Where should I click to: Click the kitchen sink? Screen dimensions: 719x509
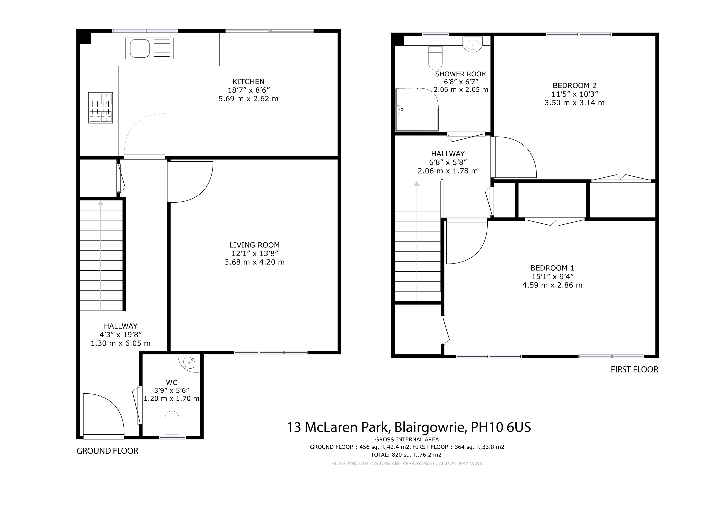click(149, 48)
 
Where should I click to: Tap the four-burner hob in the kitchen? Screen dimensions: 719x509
click(101, 108)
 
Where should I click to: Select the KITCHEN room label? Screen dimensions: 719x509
click(248, 82)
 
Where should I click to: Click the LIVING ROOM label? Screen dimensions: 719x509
click(254, 245)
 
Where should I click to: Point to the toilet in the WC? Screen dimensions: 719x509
click(172, 423)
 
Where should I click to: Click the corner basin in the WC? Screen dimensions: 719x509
click(189, 363)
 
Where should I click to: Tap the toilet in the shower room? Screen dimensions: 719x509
click(435, 58)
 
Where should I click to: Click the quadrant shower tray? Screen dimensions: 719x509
click(417, 109)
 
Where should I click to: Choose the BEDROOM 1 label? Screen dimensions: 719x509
click(552, 268)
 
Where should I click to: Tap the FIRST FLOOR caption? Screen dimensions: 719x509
click(634, 370)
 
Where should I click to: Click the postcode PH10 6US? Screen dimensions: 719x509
click(501, 427)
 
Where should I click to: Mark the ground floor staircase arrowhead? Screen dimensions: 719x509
click(101, 203)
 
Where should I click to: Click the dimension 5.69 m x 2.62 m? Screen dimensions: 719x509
click(248, 99)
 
